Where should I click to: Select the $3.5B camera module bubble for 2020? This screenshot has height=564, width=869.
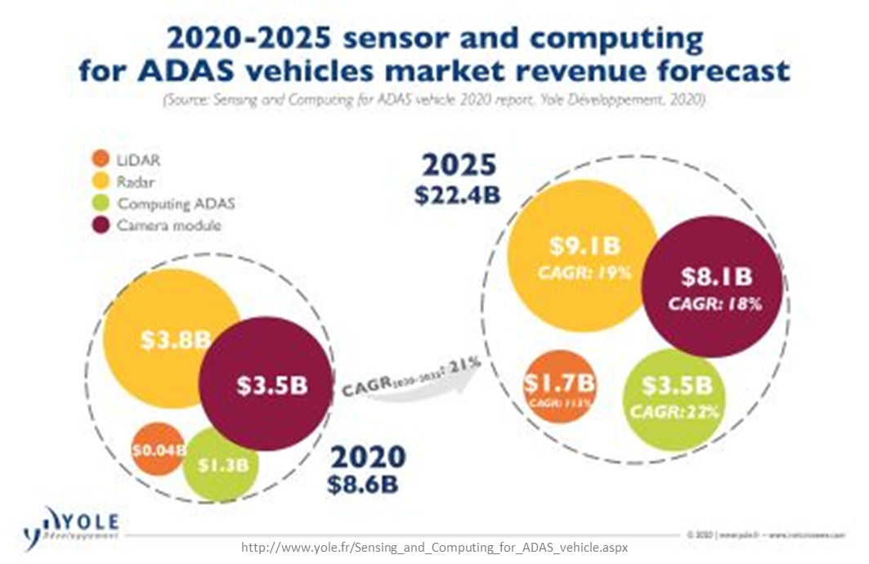(267, 385)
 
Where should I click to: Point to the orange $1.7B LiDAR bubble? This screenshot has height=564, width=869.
(558, 387)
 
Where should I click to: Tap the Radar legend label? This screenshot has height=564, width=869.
(136, 182)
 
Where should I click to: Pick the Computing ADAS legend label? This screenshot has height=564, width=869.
(176, 204)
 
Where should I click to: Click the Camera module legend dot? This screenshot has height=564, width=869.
(101, 226)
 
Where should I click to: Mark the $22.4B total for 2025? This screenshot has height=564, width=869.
(457, 197)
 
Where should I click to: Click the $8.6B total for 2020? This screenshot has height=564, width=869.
(363, 485)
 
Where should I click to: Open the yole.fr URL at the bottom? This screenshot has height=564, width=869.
(434, 547)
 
